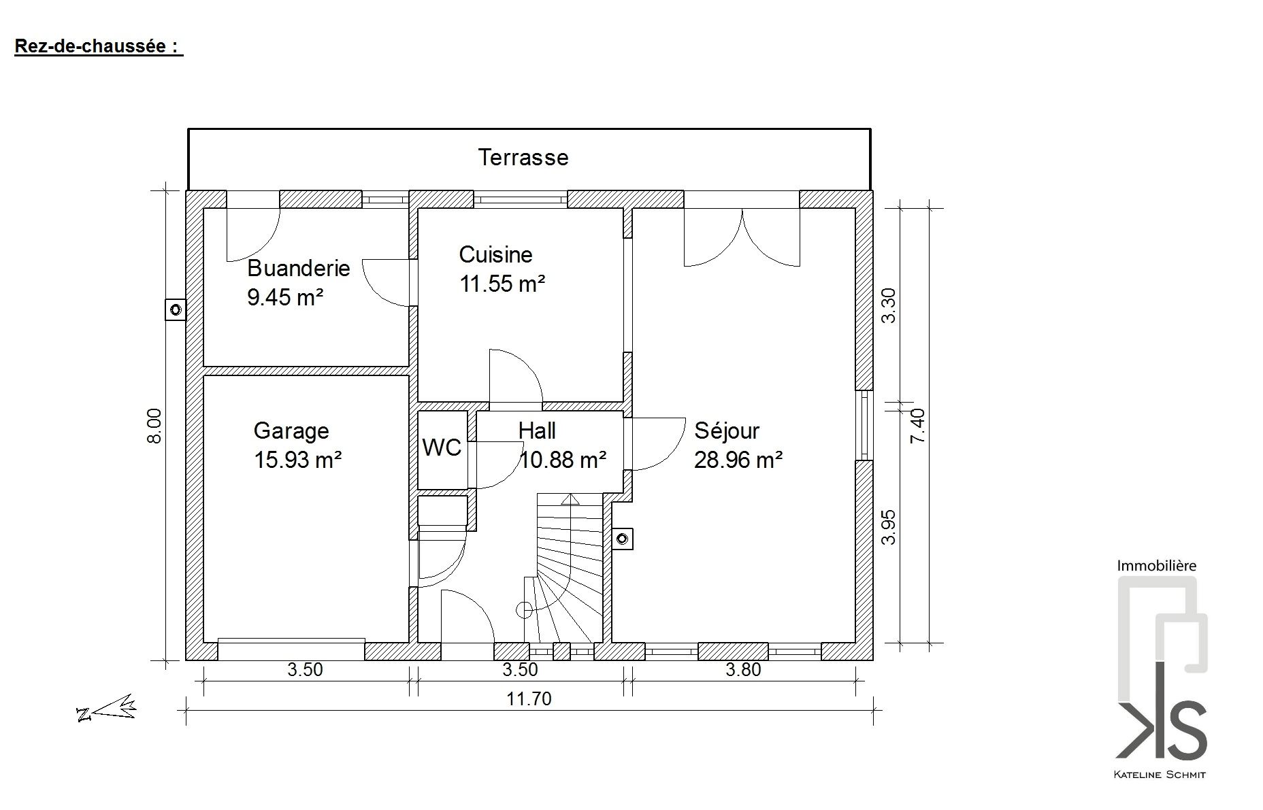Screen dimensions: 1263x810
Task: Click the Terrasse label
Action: (523, 157)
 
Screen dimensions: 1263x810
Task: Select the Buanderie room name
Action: (298, 268)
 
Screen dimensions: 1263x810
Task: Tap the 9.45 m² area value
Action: (284, 297)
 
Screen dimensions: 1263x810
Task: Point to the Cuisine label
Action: (495, 254)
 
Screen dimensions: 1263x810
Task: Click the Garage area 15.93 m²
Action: (297, 460)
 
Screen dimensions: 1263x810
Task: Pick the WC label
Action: (442, 448)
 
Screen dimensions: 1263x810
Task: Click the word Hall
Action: (537, 431)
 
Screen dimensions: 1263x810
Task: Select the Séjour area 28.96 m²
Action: (738, 460)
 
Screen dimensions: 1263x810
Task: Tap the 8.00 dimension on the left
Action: (154, 426)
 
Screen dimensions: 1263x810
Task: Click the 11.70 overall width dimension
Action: (529, 698)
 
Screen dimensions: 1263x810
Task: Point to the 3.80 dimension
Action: (743, 670)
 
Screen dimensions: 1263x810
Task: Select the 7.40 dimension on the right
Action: (918, 426)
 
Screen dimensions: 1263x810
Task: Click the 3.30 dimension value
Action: (889, 306)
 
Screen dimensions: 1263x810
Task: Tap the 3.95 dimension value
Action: (889, 527)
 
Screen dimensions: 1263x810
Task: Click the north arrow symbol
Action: (107, 708)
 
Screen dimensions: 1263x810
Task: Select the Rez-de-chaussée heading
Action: (99, 46)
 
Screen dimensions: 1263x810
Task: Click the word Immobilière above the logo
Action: (1156, 565)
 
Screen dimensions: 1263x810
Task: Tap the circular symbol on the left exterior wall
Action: (176, 310)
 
